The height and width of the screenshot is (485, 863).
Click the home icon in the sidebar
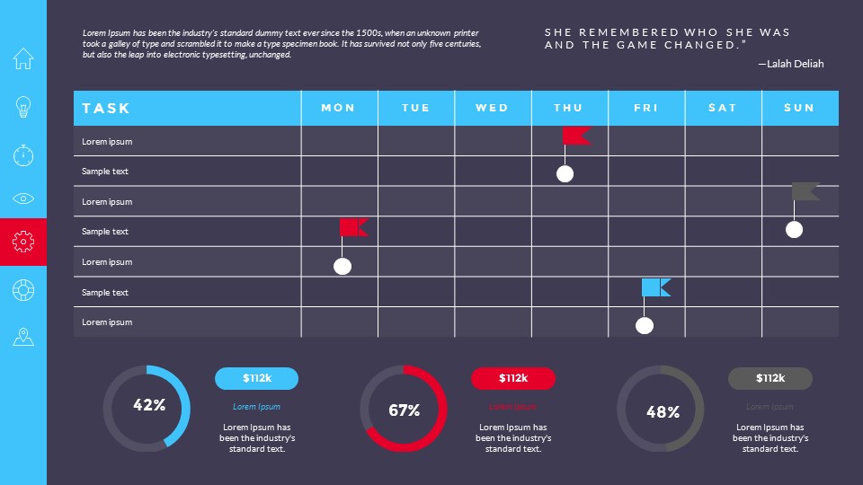click(23, 59)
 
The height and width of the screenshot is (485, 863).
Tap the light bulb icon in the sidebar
click(23, 108)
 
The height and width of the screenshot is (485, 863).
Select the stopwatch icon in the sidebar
click(23, 154)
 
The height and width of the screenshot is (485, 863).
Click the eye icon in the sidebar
click(23, 198)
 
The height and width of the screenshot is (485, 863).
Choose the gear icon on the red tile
click(23, 241)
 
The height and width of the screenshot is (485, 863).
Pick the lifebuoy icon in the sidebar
click(23, 289)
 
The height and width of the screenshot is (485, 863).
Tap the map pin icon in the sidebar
click(23, 337)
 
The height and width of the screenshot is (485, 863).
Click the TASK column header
click(106, 108)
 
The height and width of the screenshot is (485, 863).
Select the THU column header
click(568, 108)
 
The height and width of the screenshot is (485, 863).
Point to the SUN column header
click(799, 108)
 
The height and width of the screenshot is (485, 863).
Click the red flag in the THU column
click(575, 136)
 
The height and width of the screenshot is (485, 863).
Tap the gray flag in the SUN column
click(804, 191)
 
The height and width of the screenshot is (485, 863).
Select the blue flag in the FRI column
click(654, 287)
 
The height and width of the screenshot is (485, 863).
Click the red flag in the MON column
click(352, 227)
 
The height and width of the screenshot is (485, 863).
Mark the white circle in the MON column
click(343, 266)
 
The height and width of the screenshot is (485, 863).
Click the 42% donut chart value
click(149, 405)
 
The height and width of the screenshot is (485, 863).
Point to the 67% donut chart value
click(405, 410)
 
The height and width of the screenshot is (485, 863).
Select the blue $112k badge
click(256, 378)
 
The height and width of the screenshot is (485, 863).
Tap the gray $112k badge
click(770, 378)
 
